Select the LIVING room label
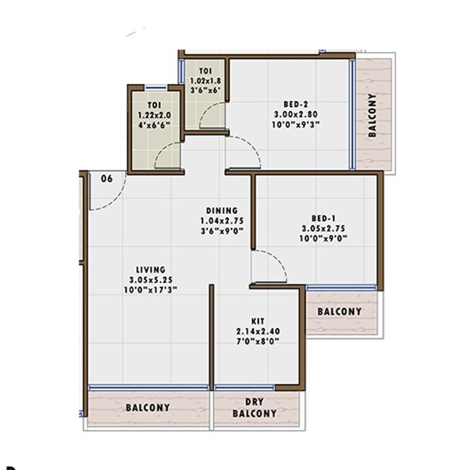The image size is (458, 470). click(150, 269)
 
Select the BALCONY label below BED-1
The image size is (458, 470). click(340, 312)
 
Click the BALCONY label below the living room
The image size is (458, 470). click(147, 408)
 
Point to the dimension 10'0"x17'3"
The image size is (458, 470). click(150, 289)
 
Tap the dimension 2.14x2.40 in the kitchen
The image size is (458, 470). click(257, 332)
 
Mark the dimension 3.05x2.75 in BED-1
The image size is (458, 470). click(323, 228)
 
